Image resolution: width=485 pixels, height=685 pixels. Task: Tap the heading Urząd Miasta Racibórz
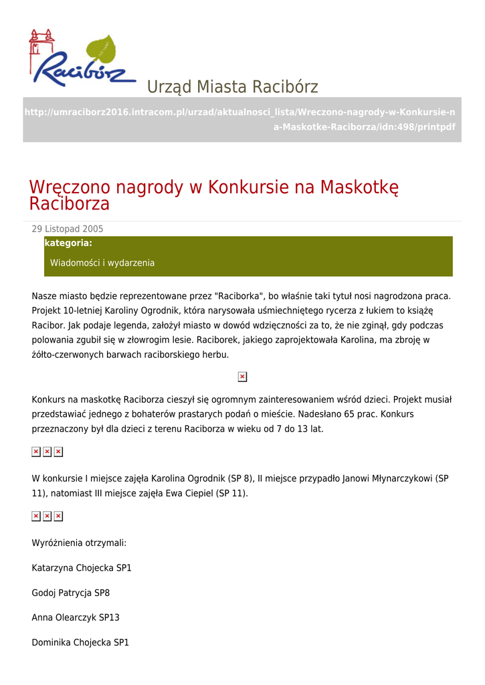click(x=232, y=87)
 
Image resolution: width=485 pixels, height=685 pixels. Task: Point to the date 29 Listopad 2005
click(x=68, y=229)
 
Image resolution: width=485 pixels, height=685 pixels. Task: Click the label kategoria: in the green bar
click(x=68, y=243)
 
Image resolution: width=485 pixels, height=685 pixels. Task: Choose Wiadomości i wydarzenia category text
click(x=102, y=263)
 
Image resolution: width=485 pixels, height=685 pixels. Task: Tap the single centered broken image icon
click(x=242, y=377)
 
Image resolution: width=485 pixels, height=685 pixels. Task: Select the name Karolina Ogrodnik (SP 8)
click(x=203, y=478)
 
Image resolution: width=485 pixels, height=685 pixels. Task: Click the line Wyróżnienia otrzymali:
click(x=79, y=543)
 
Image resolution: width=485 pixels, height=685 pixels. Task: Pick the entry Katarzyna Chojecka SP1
click(x=82, y=568)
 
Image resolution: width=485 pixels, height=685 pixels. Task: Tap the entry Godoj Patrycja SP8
click(x=71, y=593)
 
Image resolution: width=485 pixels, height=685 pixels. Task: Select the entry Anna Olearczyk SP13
click(x=76, y=617)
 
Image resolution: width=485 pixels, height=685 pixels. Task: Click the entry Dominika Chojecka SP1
click(x=80, y=642)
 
